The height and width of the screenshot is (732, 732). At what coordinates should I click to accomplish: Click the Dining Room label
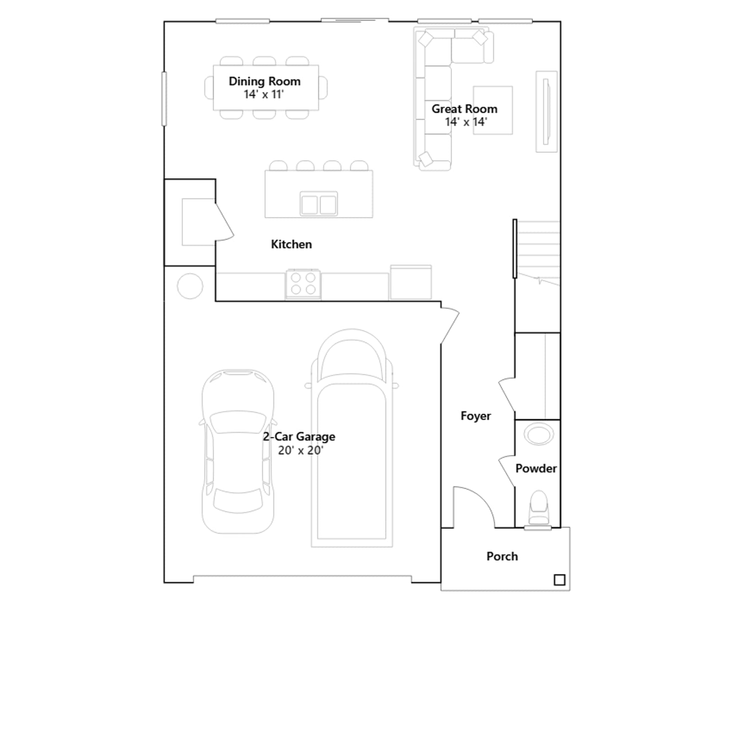point(264,81)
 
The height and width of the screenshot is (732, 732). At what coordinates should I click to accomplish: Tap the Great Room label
point(464,109)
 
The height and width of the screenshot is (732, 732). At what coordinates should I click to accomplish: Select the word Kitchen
point(291,244)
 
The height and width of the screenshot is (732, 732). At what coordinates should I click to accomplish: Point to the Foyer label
point(476,416)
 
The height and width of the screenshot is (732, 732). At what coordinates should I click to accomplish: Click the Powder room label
point(536,468)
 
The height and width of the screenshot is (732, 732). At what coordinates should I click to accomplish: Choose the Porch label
point(502,556)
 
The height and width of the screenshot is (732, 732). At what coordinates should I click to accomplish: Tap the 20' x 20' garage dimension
point(301,451)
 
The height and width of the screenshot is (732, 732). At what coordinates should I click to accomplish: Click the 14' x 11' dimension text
point(264,94)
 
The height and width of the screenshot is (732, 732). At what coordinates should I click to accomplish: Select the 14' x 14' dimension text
point(466,122)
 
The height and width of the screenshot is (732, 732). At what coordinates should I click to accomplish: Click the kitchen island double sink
point(319,204)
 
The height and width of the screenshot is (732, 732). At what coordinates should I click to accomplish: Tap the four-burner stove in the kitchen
point(303,284)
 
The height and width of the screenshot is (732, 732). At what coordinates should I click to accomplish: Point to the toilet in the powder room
point(538,508)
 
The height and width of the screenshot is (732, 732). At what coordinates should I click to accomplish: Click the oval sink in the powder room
point(539,434)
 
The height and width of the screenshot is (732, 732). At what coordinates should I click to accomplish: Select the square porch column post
point(560,580)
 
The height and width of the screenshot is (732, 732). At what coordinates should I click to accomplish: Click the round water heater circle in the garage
point(190,286)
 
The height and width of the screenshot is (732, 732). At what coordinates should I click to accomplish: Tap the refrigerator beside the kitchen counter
point(411,282)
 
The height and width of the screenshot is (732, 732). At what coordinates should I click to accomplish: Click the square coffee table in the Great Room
point(493,110)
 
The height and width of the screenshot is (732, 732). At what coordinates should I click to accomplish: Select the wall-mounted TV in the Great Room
point(546,112)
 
